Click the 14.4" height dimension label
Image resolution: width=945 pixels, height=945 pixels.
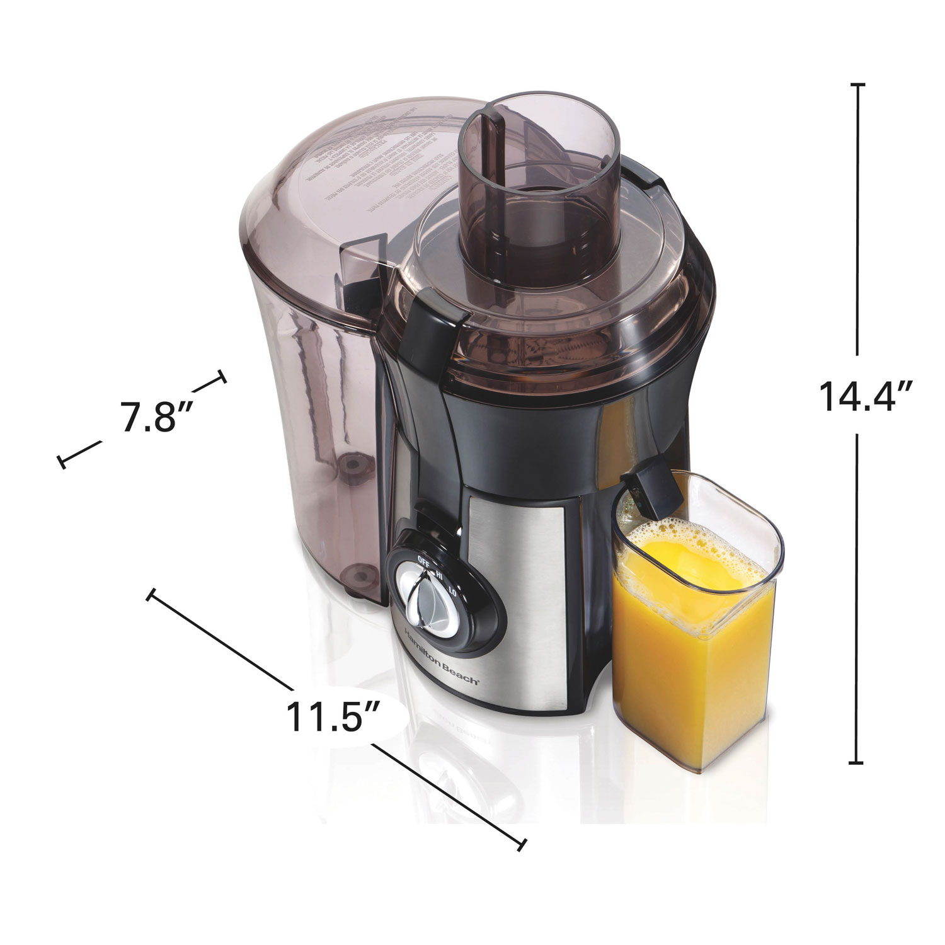(866, 396)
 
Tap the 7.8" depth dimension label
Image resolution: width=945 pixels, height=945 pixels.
(149, 418)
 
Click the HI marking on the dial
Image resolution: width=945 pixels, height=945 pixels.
(441, 575)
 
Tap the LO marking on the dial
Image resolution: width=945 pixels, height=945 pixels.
(452, 591)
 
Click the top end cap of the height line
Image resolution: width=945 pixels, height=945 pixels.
(857, 84)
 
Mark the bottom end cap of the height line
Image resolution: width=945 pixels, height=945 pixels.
(856, 763)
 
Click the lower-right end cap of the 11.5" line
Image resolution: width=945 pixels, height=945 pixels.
(521, 844)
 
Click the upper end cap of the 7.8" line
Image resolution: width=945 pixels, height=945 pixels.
(221, 377)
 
